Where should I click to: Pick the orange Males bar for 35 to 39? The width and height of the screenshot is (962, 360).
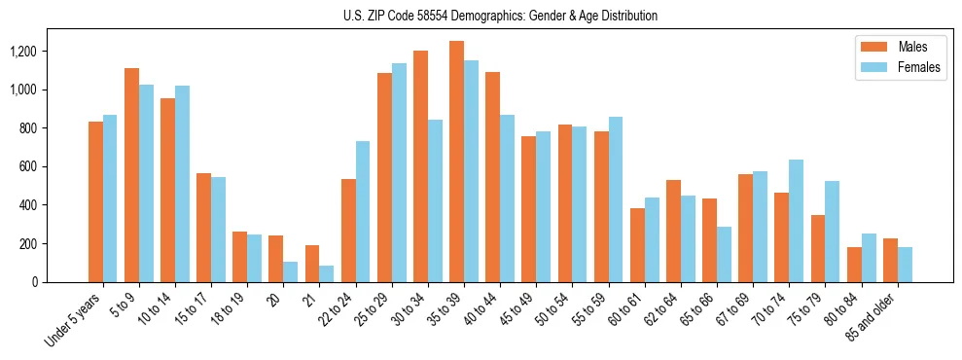[x=456, y=162]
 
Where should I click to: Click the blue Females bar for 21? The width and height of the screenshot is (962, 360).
[x=326, y=273]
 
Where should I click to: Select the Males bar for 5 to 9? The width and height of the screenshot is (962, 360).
[x=131, y=175]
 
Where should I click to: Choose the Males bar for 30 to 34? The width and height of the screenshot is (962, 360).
[x=420, y=166]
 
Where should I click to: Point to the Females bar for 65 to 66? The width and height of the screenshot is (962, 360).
[x=724, y=254]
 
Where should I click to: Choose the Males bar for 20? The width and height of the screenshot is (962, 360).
[x=275, y=259]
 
